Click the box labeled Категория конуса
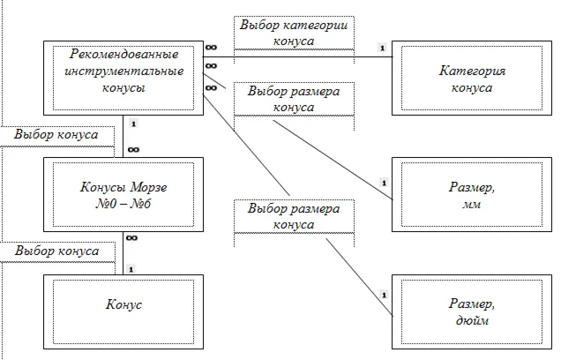[471, 79]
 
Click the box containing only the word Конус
[123, 305]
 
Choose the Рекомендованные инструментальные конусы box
[123, 79]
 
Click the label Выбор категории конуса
[294, 33]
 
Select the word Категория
[473, 70]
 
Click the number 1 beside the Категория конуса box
[380, 48]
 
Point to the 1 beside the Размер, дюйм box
[383, 293]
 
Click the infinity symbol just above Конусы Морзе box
[132, 150]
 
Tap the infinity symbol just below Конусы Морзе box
[131, 238]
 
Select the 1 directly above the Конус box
[131, 268]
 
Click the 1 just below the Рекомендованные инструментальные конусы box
[131, 124]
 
